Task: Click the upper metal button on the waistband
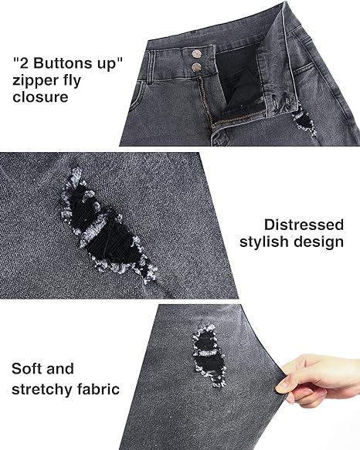pos(196,54)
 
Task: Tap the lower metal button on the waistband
pos(196,67)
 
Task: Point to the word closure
pos(40,96)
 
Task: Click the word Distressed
pos(304,225)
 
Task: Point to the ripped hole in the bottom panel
pos(209,356)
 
